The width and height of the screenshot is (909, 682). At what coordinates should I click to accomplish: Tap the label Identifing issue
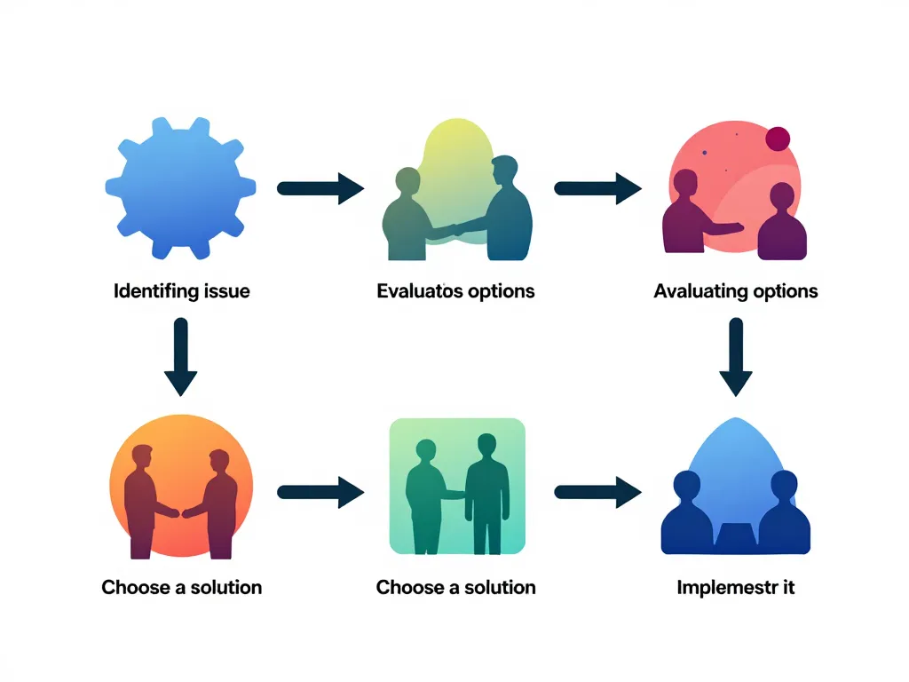tap(182, 290)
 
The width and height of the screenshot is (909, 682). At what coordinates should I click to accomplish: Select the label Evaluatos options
tap(455, 290)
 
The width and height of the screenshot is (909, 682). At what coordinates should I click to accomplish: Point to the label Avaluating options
tap(735, 290)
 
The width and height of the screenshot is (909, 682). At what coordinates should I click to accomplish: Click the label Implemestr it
tap(735, 587)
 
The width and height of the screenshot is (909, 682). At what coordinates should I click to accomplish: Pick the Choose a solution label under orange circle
tap(182, 587)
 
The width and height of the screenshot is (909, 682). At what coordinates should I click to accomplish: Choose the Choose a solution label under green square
tap(455, 587)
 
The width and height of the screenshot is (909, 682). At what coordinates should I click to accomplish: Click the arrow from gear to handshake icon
tap(320, 187)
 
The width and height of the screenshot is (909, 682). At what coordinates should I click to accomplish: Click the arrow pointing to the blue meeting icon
tap(597, 490)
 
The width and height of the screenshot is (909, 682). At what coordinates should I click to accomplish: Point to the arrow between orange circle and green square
tap(320, 490)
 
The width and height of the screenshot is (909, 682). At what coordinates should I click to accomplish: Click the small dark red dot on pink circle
tap(778, 138)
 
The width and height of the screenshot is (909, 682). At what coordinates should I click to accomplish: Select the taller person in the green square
tap(486, 488)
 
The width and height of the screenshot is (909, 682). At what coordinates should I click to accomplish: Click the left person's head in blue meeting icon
tap(686, 486)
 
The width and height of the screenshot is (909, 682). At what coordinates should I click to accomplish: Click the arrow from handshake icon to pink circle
tap(597, 187)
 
